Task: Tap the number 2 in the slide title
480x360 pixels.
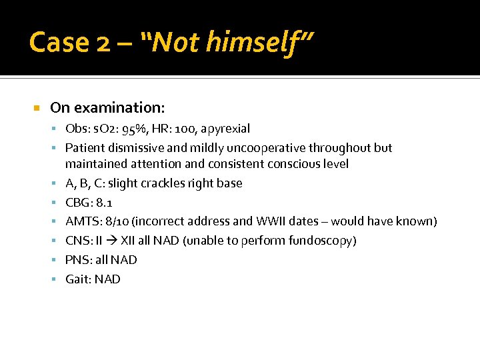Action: [103, 43]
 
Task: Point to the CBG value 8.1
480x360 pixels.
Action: [105, 202]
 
